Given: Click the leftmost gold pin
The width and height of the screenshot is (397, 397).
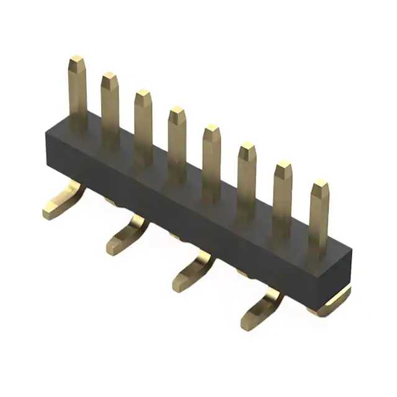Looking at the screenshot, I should pyautogui.click(x=78, y=93).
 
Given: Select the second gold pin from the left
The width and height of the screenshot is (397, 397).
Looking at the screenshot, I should pyautogui.click(x=110, y=109).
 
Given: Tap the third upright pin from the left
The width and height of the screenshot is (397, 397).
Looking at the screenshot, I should pyautogui.click(x=143, y=124).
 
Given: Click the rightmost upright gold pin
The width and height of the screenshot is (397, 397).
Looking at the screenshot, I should pyautogui.click(x=319, y=217).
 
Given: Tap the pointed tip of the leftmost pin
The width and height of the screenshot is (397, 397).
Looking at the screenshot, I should pyautogui.click(x=77, y=61).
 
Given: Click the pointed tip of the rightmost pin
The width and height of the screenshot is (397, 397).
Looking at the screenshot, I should pyautogui.click(x=320, y=185).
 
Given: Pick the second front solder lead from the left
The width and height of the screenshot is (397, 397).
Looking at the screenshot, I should pyautogui.click(x=127, y=236).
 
